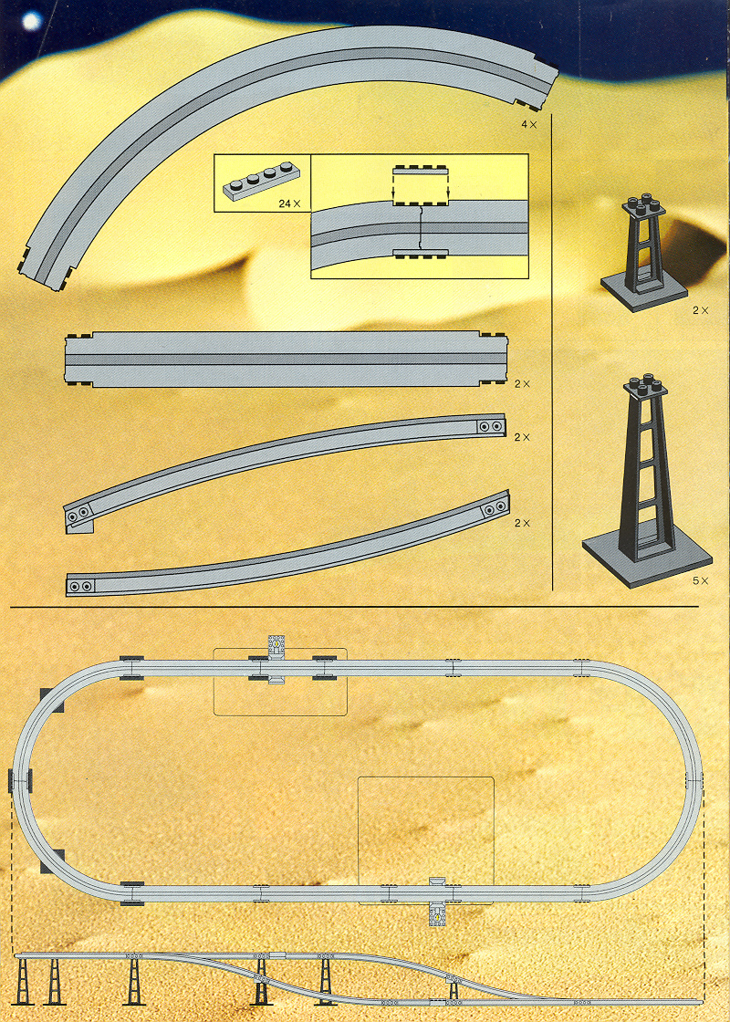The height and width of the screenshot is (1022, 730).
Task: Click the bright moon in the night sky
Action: click(33, 19)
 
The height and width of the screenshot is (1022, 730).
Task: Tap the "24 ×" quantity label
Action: click(290, 203)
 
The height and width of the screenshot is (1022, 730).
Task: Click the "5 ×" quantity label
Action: click(700, 580)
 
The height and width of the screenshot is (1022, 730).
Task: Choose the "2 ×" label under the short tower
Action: click(700, 311)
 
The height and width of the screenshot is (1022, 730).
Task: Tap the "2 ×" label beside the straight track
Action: click(522, 383)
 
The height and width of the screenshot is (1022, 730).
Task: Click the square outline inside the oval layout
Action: click(425, 839)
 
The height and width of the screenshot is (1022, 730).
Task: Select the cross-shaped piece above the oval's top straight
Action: click(275, 645)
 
